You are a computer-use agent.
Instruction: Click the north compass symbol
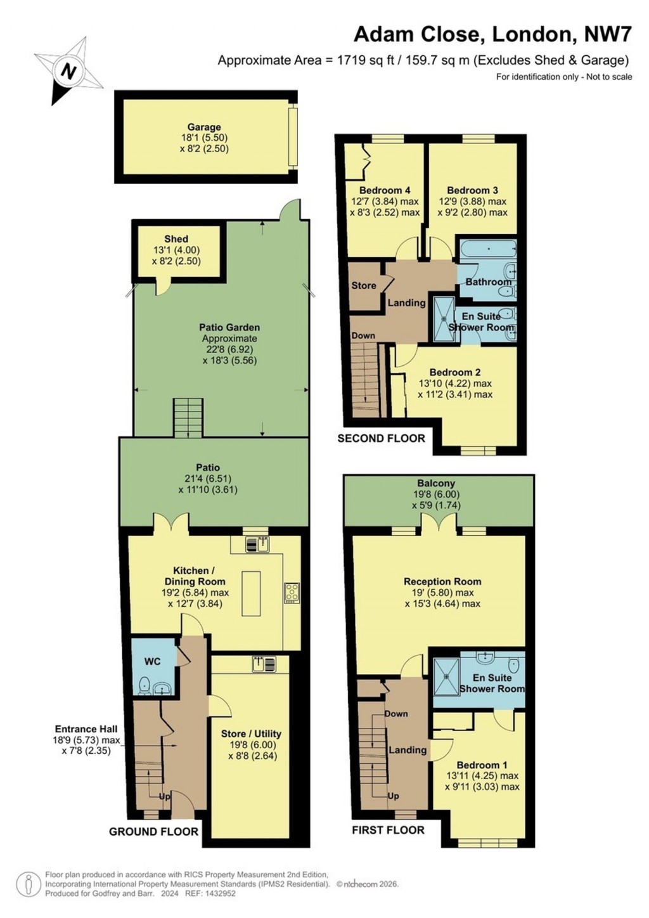(68, 70)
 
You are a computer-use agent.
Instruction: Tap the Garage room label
(203, 127)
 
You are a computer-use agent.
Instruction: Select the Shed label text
(176, 239)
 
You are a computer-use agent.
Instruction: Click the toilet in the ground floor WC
(144, 686)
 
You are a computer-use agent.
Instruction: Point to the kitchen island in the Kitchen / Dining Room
(251, 593)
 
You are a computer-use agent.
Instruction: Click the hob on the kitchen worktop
(292, 592)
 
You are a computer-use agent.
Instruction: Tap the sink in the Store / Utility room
(264, 664)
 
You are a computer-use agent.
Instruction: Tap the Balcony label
(436, 483)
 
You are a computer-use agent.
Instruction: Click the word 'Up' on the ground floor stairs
(164, 796)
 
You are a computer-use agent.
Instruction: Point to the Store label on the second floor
(364, 286)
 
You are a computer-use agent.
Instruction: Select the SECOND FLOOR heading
(381, 438)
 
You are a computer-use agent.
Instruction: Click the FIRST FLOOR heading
(388, 830)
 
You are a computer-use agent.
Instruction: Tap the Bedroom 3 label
(472, 190)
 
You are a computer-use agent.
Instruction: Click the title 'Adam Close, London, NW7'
(492, 34)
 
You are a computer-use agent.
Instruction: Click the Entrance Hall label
(86, 729)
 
